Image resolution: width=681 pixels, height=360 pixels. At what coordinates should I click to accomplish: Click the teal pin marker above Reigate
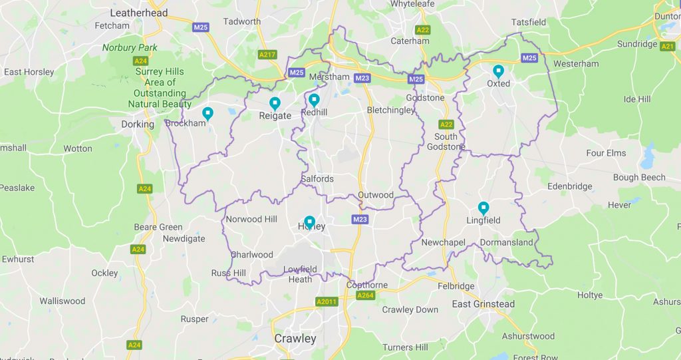pyautogui.click(x=275, y=103)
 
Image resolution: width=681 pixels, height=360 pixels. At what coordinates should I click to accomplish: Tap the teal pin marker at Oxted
pyautogui.click(x=498, y=71)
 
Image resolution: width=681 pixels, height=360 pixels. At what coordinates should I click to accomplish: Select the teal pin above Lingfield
pyautogui.click(x=483, y=208)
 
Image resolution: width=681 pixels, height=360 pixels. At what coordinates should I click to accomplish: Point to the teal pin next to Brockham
pyautogui.click(x=207, y=114)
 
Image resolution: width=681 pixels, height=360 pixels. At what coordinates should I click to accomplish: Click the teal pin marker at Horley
pyautogui.click(x=309, y=222)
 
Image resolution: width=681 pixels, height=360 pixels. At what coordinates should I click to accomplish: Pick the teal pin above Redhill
pyautogui.click(x=314, y=100)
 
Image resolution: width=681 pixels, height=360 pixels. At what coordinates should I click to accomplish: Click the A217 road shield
pyautogui.click(x=267, y=55)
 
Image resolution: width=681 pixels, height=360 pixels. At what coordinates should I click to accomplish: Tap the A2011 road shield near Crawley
pyautogui.click(x=327, y=301)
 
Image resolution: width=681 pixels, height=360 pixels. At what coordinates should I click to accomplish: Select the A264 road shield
pyautogui.click(x=365, y=295)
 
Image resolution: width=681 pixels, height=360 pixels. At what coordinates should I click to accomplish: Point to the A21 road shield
pyautogui.click(x=668, y=46)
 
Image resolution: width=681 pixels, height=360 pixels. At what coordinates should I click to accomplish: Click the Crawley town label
pyautogui.click(x=295, y=339)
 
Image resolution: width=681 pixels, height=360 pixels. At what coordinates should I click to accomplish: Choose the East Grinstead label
pyautogui.click(x=483, y=304)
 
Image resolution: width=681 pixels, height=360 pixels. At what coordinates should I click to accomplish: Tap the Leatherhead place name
pyautogui.click(x=139, y=13)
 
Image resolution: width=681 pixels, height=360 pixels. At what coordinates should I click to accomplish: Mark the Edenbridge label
pyautogui.click(x=569, y=186)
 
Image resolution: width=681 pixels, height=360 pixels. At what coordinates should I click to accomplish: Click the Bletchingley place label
pyautogui.click(x=391, y=110)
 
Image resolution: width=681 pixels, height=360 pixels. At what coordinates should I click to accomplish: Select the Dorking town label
pyautogui.click(x=138, y=124)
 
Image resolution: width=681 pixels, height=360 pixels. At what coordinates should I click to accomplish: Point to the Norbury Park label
pyautogui.click(x=130, y=48)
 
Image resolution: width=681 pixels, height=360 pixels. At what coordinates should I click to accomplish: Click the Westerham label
pyautogui.click(x=576, y=64)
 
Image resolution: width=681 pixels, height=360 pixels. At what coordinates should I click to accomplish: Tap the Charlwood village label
pyautogui.click(x=251, y=254)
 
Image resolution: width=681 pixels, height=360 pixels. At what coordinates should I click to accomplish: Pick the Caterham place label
pyautogui.click(x=410, y=41)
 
